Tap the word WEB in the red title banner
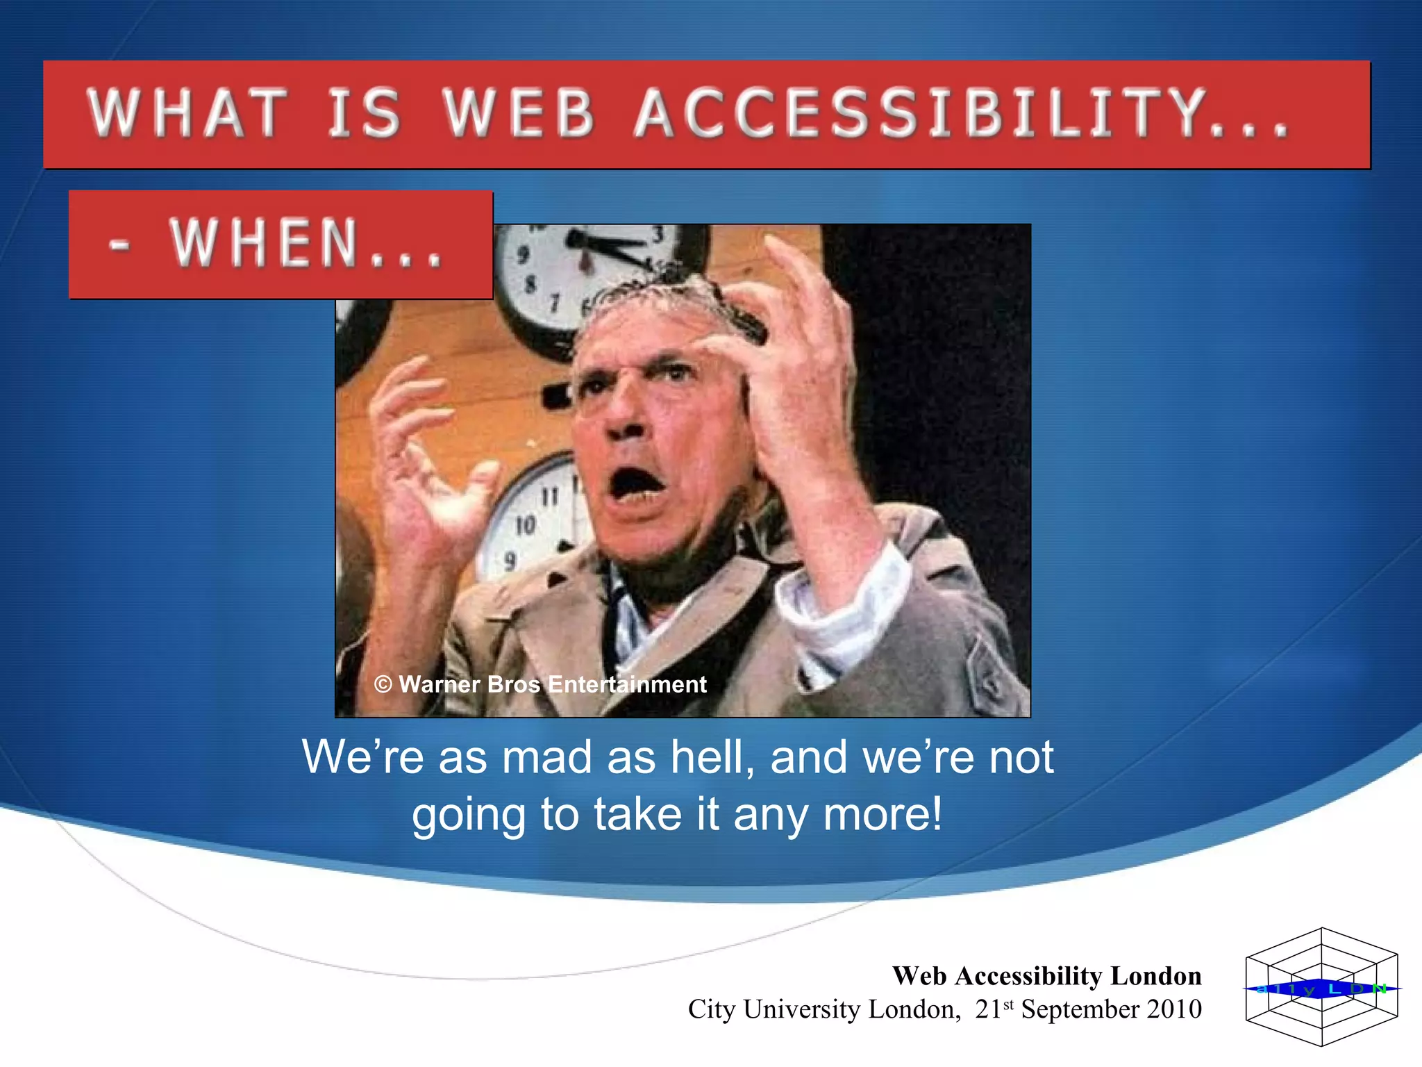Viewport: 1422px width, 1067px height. [519, 113]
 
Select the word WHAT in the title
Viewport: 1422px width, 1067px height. [187, 113]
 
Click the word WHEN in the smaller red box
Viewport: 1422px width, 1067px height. [264, 243]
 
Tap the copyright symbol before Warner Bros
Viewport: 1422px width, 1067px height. [383, 684]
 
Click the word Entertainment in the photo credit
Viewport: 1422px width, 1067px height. [627, 684]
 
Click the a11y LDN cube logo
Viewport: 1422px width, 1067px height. [1321, 987]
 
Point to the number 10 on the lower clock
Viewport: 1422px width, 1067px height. [526, 526]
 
